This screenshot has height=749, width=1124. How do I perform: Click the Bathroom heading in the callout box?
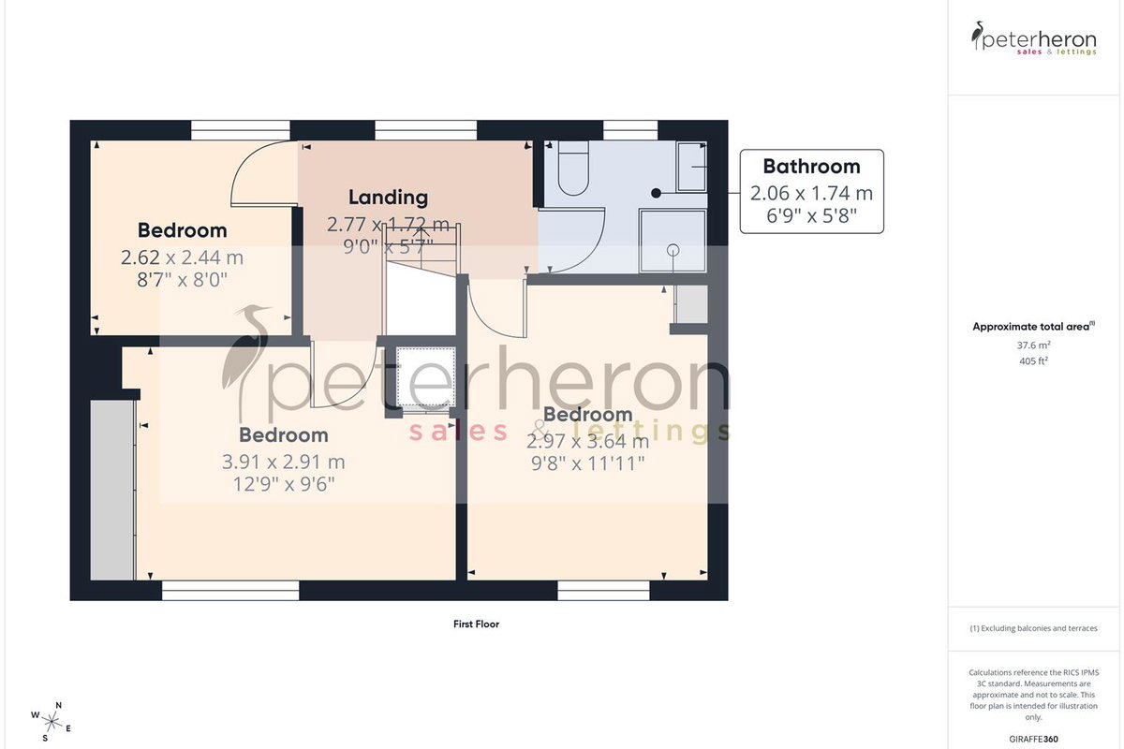pyautogui.click(x=811, y=167)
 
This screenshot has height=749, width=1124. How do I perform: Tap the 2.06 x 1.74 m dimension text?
pyautogui.click(x=811, y=193)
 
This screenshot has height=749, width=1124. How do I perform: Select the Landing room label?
pyautogui.click(x=389, y=198)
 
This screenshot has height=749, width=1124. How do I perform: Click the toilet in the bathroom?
pyautogui.click(x=573, y=169)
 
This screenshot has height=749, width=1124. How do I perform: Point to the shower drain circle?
pyautogui.click(x=673, y=250)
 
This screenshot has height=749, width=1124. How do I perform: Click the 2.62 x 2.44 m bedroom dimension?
pyautogui.click(x=182, y=257)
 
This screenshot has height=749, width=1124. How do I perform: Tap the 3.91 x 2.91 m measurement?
pyautogui.click(x=284, y=463)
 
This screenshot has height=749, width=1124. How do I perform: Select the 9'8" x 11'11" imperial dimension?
pyautogui.click(x=587, y=463)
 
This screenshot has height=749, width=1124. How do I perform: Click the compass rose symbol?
pyautogui.click(x=51, y=723)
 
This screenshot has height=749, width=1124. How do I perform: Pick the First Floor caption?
pyautogui.click(x=476, y=624)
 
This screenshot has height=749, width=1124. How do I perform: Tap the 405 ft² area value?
pyautogui.click(x=1034, y=360)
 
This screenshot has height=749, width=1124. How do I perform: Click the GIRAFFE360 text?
pyautogui.click(x=1034, y=739)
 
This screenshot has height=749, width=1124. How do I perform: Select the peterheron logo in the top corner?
pyautogui.click(x=1034, y=38)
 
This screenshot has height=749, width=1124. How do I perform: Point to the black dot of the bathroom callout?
pyautogui.click(x=656, y=193)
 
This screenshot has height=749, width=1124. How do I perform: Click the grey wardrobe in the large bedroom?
pyautogui.click(x=112, y=491)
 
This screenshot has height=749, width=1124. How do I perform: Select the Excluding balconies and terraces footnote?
pyautogui.click(x=1034, y=628)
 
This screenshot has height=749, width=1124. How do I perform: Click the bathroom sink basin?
pyautogui.click(x=692, y=167)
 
